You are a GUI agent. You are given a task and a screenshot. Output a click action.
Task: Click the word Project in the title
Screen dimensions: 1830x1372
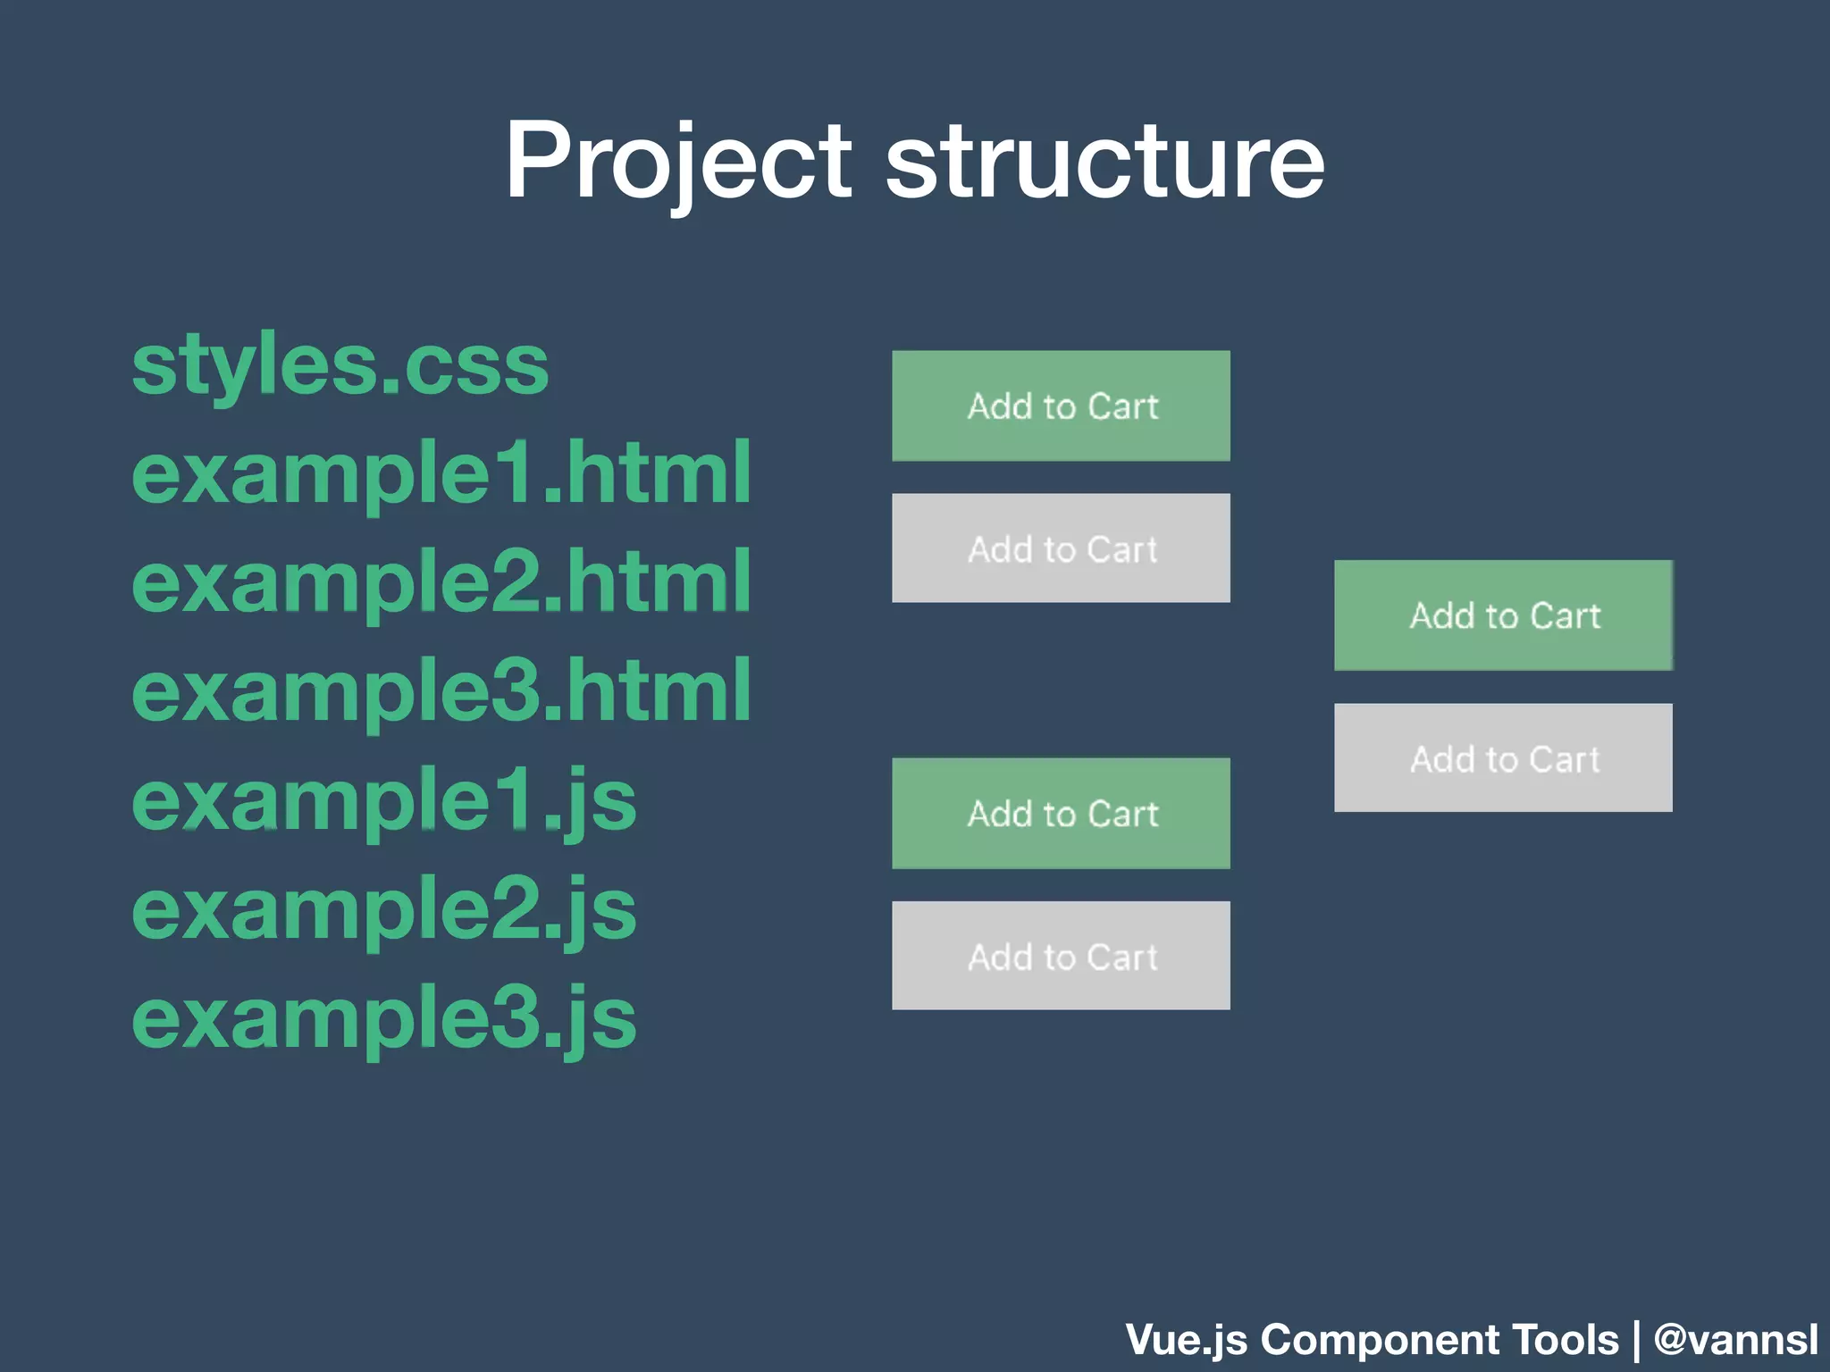(679, 163)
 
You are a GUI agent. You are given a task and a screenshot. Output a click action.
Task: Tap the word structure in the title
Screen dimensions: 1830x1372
(1104, 163)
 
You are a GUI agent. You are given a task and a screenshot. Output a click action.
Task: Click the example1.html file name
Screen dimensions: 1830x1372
(441, 473)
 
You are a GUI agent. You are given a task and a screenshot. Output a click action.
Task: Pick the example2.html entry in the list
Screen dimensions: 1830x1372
(441, 582)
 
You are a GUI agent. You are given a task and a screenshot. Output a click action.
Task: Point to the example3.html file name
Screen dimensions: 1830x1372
(441, 691)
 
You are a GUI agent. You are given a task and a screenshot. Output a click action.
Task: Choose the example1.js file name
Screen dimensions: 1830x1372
(384, 801)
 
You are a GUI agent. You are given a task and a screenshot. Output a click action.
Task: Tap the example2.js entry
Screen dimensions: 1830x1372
(384, 910)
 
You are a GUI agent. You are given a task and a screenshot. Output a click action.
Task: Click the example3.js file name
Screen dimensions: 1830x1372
(384, 1019)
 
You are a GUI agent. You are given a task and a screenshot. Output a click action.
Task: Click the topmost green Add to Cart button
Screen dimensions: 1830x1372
(1061, 406)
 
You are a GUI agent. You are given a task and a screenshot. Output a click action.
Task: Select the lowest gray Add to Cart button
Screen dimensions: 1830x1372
(1061, 956)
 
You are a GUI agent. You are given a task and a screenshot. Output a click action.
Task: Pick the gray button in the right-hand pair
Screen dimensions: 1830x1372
(1503, 758)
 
